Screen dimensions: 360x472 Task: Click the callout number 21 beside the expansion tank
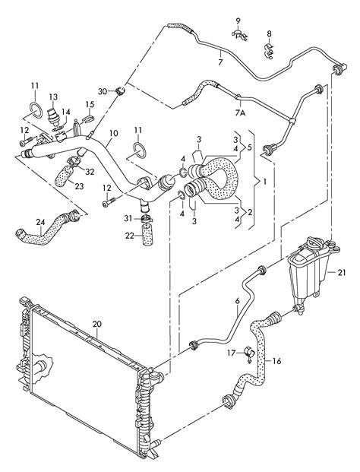(x=342, y=273)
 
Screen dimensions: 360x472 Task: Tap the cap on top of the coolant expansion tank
(x=315, y=242)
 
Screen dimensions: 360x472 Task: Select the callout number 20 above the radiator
(x=97, y=325)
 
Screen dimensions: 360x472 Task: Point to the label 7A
(x=240, y=113)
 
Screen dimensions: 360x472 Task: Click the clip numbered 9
(x=239, y=35)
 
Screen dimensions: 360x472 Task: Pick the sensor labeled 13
(x=54, y=116)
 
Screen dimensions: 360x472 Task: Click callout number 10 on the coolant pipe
(x=114, y=133)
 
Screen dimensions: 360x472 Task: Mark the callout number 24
(x=40, y=222)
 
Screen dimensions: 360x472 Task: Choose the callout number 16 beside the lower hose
(x=276, y=361)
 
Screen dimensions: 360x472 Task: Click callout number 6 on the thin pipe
(x=237, y=301)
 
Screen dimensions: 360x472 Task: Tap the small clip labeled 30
(x=120, y=90)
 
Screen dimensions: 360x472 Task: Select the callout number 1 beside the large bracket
(x=264, y=182)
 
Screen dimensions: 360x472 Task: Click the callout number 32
(x=90, y=172)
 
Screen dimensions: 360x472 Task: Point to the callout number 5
(x=249, y=148)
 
